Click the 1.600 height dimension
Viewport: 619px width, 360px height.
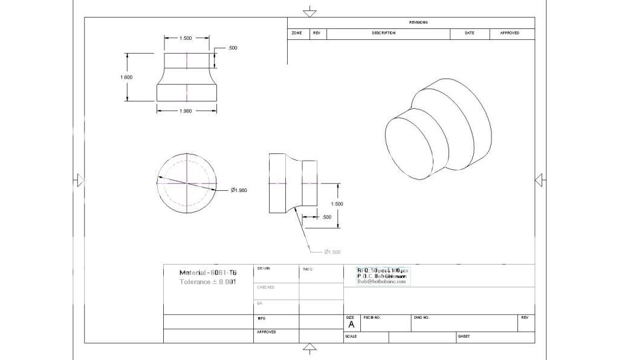pos(126,77)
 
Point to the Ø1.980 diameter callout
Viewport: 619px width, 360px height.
pos(239,190)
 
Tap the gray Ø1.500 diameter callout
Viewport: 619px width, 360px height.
pos(332,252)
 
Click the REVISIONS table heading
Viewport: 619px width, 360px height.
pos(418,22)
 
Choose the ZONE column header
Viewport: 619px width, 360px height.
pos(297,33)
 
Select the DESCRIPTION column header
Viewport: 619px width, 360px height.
pos(383,33)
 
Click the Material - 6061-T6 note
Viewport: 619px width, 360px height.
pos(207,272)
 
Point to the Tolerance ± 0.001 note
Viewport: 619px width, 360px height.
pos(207,282)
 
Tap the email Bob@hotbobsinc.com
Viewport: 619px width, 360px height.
pos(381,281)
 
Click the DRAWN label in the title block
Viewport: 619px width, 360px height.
pos(264,268)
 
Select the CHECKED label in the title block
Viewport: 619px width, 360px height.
pos(265,287)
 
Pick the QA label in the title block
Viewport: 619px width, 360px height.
pos(259,303)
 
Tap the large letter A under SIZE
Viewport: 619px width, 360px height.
pos(351,324)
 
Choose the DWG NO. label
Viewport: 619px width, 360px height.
pos(421,317)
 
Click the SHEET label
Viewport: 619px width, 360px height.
pos(464,336)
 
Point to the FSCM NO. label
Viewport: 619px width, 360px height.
pos(372,317)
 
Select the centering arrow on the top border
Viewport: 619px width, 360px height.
pos(309,11)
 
